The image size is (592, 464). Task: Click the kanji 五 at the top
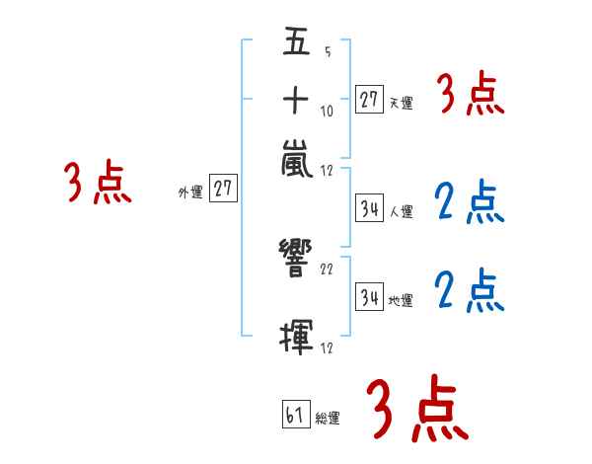coord(297,40)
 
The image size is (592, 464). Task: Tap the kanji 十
coord(296,100)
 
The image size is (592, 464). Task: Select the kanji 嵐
coord(297,158)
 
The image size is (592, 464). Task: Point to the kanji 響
coord(296,258)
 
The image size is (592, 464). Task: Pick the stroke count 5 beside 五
coord(328,51)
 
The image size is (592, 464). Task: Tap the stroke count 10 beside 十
coord(327,112)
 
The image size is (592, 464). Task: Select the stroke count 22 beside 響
coord(327,270)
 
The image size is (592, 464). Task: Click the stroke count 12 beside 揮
coord(327,348)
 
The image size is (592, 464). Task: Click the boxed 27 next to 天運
coord(369,100)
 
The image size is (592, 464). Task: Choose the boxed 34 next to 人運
coord(369,208)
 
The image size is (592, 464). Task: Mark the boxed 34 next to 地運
coord(369,296)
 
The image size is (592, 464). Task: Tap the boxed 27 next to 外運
coord(223,188)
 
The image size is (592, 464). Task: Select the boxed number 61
coord(296,414)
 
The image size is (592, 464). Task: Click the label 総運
coord(328,419)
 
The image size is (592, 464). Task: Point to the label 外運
coord(190,193)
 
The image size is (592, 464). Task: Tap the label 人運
coord(402,211)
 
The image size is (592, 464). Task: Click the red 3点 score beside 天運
coord(471,93)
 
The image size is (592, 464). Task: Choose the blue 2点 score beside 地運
coord(470,290)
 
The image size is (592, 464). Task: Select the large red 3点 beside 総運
coord(417,408)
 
